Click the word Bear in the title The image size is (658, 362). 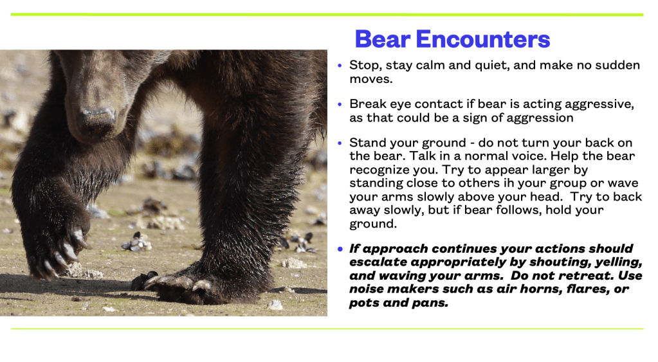point(382,39)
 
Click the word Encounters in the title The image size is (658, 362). point(482,39)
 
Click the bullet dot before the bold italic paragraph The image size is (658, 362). point(340,249)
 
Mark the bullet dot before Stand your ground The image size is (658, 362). point(340,143)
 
